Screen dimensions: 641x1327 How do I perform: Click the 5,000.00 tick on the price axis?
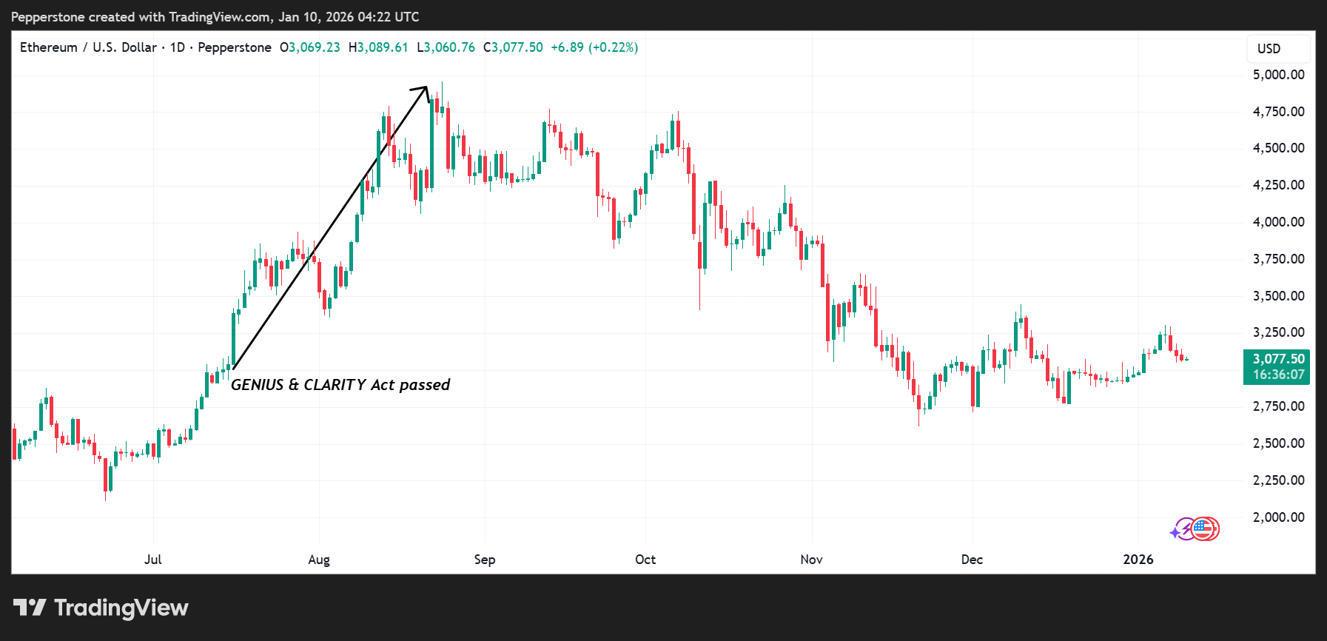1278,75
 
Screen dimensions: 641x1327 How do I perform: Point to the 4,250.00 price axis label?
1278,185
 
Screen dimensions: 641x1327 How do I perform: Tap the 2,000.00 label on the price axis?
1278,517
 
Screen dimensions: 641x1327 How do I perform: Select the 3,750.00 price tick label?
1278,259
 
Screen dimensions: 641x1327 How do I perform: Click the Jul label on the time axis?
153,560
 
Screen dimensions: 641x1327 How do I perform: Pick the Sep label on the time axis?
485,560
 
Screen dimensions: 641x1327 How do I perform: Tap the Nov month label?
811,560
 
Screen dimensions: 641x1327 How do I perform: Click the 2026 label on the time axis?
1138,560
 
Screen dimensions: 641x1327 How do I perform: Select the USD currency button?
1269,49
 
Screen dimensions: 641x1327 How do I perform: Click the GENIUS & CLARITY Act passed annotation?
340,385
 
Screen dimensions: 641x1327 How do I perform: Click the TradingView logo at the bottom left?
101,608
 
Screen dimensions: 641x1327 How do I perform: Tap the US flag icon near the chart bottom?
1204,529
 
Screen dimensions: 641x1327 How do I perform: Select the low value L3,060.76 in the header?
446,47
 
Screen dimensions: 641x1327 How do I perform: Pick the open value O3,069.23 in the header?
310,47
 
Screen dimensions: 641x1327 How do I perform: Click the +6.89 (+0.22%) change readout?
594,47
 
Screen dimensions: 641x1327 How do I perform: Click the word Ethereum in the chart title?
49,47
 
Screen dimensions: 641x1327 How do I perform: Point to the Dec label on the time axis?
972,560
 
